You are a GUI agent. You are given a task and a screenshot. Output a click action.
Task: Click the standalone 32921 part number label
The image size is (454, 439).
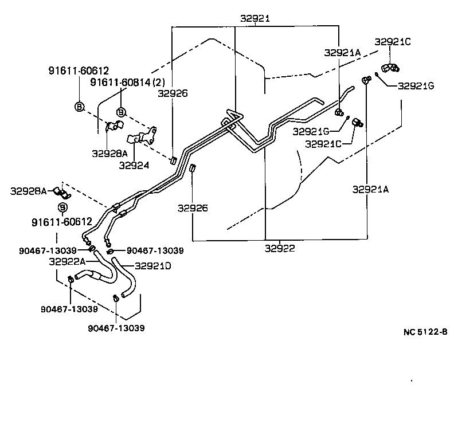(255, 19)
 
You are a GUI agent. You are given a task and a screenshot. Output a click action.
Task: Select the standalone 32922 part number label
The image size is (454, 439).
(280, 248)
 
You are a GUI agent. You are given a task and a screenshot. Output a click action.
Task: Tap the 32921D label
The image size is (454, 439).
(152, 266)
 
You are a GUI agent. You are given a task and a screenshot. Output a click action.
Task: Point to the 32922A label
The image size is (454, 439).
(67, 261)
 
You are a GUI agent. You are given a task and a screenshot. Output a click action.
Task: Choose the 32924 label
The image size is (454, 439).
(134, 166)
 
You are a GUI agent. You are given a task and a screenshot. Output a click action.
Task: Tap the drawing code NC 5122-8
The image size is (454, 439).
(425, 332)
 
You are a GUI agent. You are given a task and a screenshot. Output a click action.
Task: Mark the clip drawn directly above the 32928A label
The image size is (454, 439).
(113, 127)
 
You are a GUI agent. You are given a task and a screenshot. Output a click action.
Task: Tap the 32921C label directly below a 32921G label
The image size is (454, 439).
(324, 144)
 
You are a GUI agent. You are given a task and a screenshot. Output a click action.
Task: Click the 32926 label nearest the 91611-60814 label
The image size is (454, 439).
(175, 93)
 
